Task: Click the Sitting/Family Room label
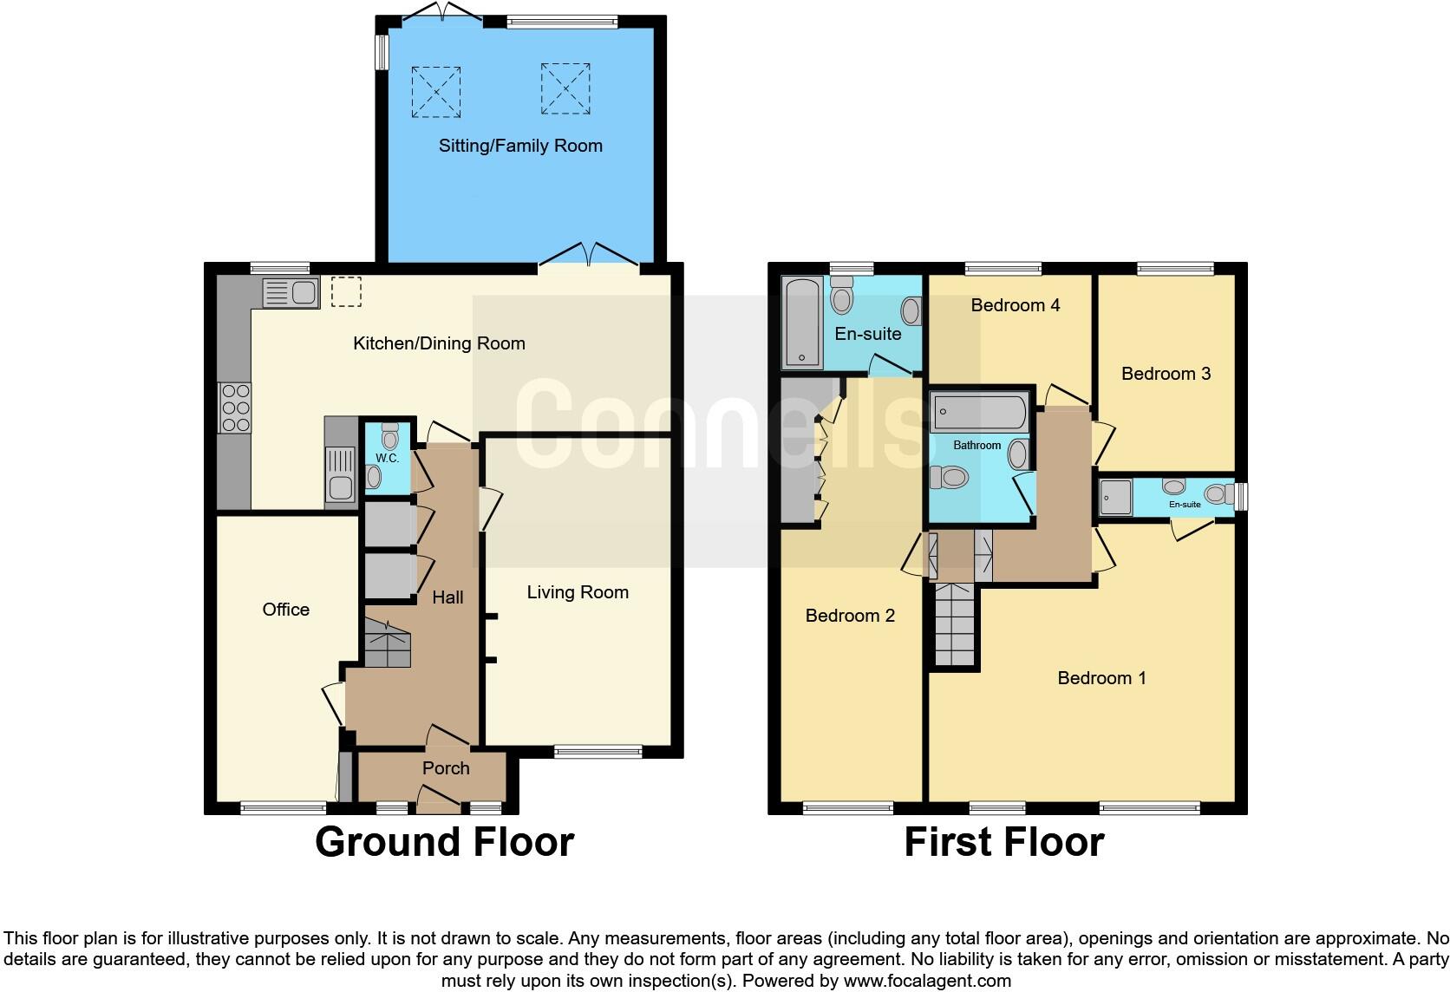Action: click(x=520, y=146)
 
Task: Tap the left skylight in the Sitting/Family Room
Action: click(x=435, y=92)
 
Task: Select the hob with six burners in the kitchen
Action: click(x=235, y=408)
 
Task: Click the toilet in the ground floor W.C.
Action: click(x=389, y=438)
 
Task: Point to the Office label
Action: click(x=285, y=610)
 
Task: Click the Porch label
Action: click(x=446, y=768)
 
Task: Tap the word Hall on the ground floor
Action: click(x=447, y=597)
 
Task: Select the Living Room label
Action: click(x=578, y=592)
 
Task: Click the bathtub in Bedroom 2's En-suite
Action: click(x=802, y=323)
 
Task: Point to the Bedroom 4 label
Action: click(x=1015, y=305)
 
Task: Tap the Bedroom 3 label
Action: click(x=1166, y=374)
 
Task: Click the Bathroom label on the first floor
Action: click(x=976, y=446)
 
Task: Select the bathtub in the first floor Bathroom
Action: click(x=979, y=413)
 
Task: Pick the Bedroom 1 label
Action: click(x=1101, y=678)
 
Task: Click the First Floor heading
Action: click(x=1003, y=842)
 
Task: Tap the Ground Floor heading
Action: click(x=444, y=842)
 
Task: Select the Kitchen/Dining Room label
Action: click(x=439, y=343)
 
